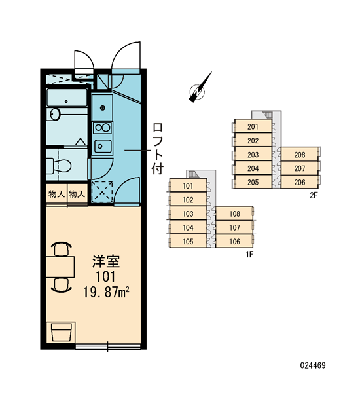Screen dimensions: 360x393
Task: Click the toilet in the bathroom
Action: coord(59,166)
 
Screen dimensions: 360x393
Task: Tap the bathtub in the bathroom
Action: coord(67,98)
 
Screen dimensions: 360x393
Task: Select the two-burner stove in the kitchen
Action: coord(102,128)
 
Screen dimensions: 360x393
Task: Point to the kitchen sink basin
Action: coord(103,146)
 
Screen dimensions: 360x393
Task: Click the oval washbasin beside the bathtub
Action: coord(54,114)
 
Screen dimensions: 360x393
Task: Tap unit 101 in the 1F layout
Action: coord(188,186)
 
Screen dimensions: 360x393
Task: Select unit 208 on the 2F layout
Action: coord(300,155)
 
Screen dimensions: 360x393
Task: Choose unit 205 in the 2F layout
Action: coord(253,182)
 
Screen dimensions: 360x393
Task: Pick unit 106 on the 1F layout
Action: coord(235,241)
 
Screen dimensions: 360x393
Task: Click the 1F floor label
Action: coord(249,255)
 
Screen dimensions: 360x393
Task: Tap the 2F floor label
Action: coord(314,195)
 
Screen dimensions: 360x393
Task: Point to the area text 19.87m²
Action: coord(106,292)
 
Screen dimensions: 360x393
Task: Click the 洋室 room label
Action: coord(106,261)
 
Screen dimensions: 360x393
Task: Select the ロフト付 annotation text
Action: coord(158,149)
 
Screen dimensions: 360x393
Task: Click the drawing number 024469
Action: coord(313,365)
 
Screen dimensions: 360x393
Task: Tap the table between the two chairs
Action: coord(60,267)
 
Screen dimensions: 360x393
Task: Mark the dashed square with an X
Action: coord(102,192)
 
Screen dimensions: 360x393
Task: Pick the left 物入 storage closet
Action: coord(56,194)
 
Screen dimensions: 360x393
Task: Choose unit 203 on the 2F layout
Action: coord(253,155)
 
